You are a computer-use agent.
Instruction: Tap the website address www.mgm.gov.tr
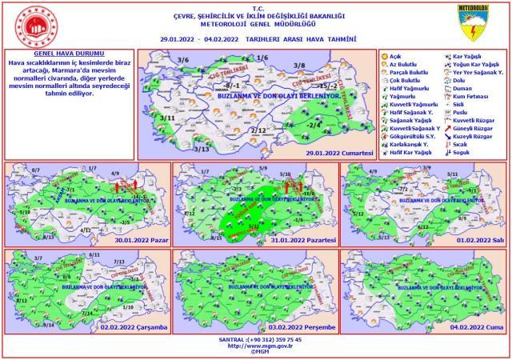tap(256, 346)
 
